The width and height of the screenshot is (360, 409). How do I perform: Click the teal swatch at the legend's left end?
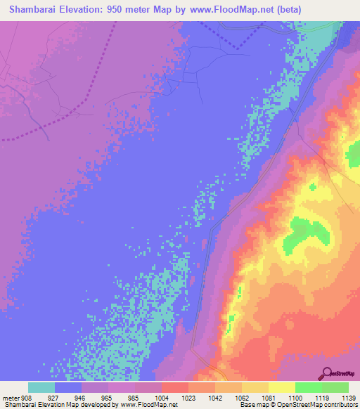pos(41,387)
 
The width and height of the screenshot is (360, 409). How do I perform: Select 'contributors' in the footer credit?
pos(340,405)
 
